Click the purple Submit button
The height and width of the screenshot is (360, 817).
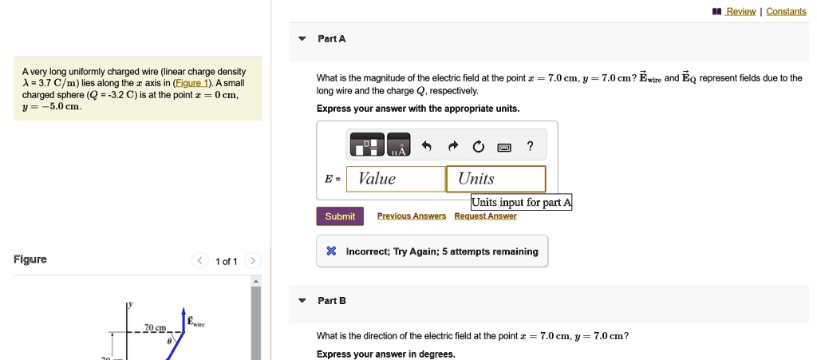pyautogui.click(x=340, y=216)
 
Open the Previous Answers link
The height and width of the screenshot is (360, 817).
pyautogui.click(x=412, y=216)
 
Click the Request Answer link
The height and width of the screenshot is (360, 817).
pyautogui.click(x=485, y=216)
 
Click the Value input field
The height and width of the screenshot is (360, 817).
pyautogui.click(x=396, y=180)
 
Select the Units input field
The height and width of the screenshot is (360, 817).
pyautogui.click(x=496, y=180)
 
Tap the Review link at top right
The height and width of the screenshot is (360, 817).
pyautogui.click(x=740, y=11)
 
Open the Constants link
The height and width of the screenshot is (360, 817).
pyautogui.click(x=786, y=11)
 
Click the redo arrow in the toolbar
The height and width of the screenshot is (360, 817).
pyautogui.click(x=452, y=146)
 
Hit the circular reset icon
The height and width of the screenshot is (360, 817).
pyautogui.click(x=478, y=147)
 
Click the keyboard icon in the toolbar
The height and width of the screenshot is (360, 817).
pyautogui.click(x=504, y=147)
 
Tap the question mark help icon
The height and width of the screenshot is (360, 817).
pyautogui.click(x=530, y=146)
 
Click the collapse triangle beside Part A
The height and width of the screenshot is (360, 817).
pyautogui.click(x=302, y=39)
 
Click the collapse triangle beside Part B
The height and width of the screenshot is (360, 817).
pyautogui.click(x=302, y=301)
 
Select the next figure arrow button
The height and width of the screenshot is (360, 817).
pyautogui.click(x=253, y=260)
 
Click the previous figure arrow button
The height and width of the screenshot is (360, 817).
pyautogui.click(x=199, y=260)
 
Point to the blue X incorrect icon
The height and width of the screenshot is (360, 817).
pyautogui.click(x=331, y=251)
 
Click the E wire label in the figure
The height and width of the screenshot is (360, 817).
pyautogui.click(x=196, y=321)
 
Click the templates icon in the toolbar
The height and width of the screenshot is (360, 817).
pyautogui.click(x=367, y=144)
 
